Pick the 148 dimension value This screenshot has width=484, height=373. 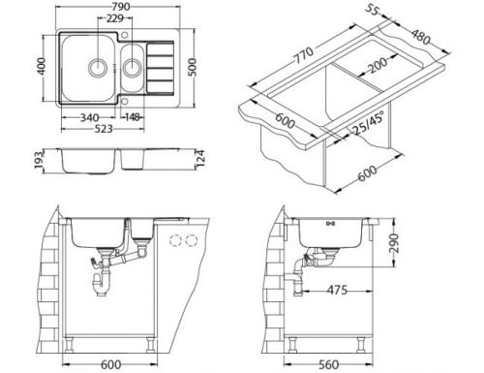[x=134, y=119]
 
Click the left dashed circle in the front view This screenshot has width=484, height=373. [x=176, y=239]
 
